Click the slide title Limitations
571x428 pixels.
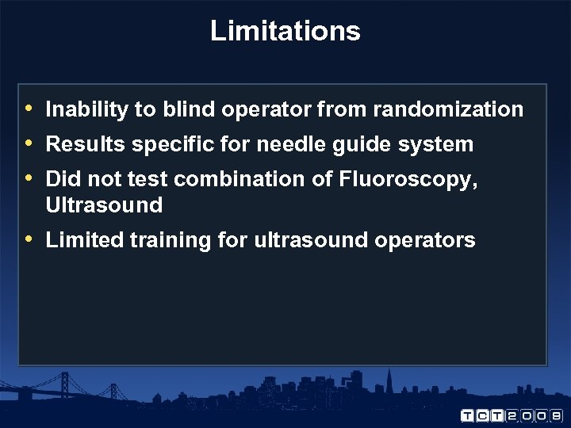(x=285, y=31)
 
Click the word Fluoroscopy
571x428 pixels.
(x=408, y=180)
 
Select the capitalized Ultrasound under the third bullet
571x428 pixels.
(x=104, y=205)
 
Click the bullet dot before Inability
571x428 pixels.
(x=29, y=109)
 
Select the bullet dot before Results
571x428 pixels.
(x=29, y=143)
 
